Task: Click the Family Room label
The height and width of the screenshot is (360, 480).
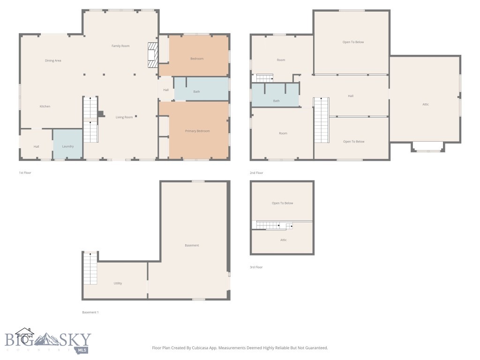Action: click(x=120, y=46)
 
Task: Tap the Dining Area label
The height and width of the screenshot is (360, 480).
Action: click(x=53, y=60)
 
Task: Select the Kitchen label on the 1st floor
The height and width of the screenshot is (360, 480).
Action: click(x=45, y=106)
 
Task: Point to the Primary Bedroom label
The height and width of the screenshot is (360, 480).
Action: click(x=197, y=131)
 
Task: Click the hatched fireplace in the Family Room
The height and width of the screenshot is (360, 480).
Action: click(x=153, y=55)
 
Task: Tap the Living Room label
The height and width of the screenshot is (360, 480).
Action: click(x=124, y=117)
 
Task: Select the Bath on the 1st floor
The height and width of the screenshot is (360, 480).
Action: click(x=197, y=91)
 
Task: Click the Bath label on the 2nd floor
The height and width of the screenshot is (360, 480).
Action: click(x=277, y=101)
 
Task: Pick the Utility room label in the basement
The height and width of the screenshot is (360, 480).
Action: click(x=118, y=283)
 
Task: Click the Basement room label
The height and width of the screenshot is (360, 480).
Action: click(x=192, y=245)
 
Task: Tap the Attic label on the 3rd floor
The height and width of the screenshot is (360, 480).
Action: click(x=284, y=240)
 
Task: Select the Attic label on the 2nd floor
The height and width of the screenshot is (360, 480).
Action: click(x=426, y=104)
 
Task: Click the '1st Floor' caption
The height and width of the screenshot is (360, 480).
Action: click(x=25, y=173)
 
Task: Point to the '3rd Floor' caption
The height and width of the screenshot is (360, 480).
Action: click(x=256, y=267)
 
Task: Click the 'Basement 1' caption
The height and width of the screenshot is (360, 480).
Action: click(x=90, y=312)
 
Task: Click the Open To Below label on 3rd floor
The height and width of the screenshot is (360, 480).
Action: click(x=283, y=203)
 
